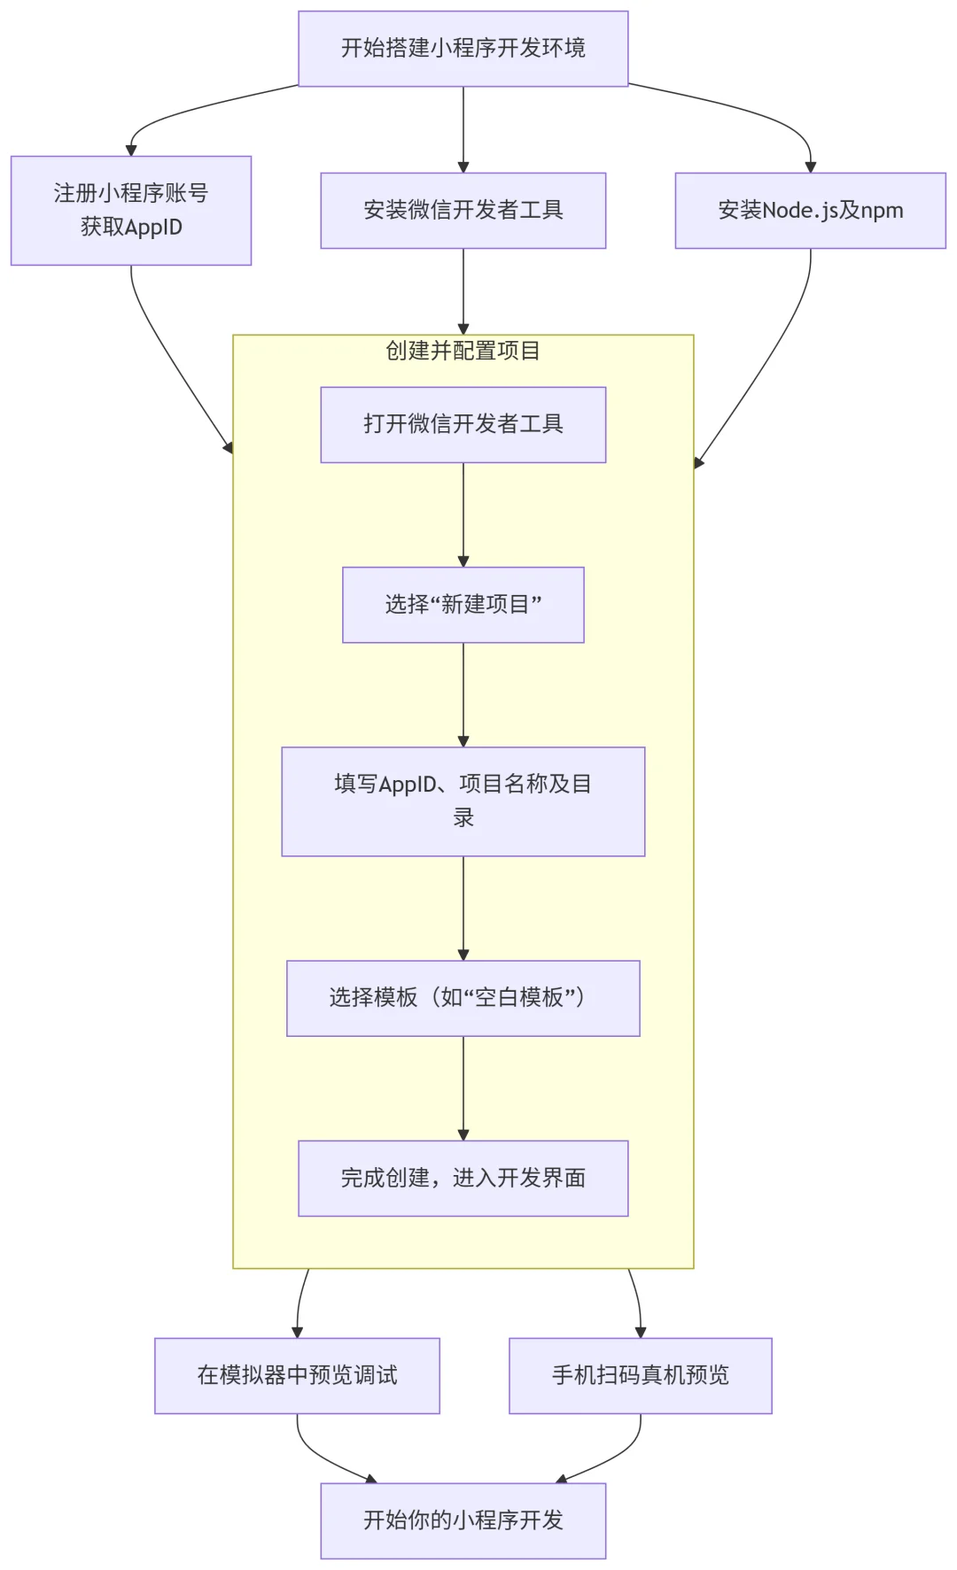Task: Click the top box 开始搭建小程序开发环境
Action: (463, 49)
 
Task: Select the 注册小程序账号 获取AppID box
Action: (131, 210)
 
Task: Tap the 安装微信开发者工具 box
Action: (463, 210)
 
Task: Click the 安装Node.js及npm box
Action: (810, 210)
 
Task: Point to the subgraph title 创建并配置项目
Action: (463, 351)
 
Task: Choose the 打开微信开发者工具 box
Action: (463, 424)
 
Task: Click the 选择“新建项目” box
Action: (463, 605)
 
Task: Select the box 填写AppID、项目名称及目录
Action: (463, 801)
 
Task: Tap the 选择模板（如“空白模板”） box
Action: (463, 998)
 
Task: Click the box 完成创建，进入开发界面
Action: (463, 1178)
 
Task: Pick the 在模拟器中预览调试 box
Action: (297, 1375)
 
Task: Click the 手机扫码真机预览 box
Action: (640, 1375)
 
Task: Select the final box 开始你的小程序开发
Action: (463, 1520)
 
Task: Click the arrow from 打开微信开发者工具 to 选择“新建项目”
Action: (463, 514)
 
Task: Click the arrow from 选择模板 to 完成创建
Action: (463, 1087)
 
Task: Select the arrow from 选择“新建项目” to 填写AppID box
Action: (463, 694)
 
